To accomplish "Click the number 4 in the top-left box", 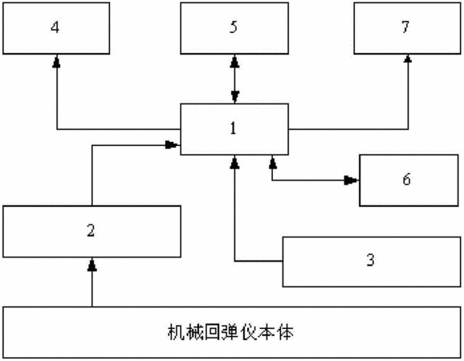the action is coord(55,27).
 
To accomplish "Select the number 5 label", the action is coord(234,27).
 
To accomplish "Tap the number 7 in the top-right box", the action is coord(405,27).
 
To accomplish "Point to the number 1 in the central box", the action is coord(233,128).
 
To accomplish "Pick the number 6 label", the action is coord(406,179).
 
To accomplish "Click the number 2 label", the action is coord(91,231).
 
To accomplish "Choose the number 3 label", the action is coord(371,260).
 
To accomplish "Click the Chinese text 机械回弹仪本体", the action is coord(231,333).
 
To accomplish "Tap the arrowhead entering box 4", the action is coord(56,61).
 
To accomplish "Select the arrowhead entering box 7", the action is coord(408,59).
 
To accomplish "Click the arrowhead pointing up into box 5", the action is coord(234,61).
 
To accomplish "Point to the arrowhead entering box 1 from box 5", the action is coord(235,97).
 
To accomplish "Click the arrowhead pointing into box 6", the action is coord(352,180).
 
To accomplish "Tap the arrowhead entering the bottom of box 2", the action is coord(92,264).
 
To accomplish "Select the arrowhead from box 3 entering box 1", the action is coord(234,162).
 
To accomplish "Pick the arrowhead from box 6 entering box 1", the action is coord(273,162).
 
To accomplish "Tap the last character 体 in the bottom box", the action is coord(286,333).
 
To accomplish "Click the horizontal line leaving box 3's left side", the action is coord(258,262).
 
